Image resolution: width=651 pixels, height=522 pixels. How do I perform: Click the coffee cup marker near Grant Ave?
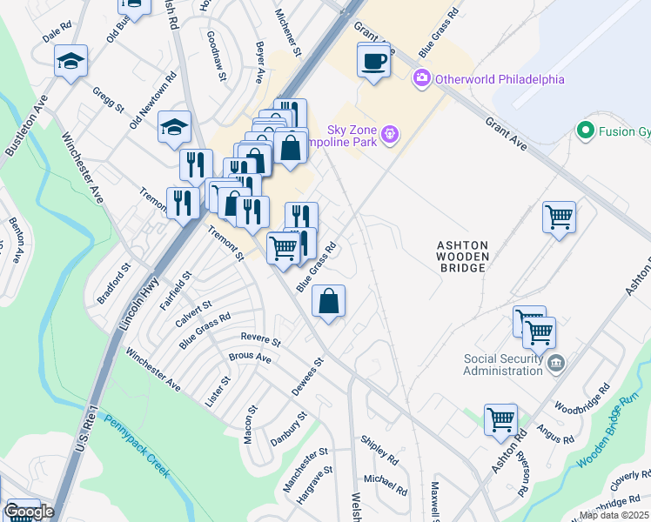[373, 61]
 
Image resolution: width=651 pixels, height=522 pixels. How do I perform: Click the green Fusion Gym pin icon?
[587, 131]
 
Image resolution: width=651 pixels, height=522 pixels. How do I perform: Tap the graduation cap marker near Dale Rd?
[70, 61]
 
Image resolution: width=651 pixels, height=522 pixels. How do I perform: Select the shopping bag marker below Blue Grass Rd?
[328, 302]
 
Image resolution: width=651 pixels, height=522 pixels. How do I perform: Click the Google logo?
[29, 512]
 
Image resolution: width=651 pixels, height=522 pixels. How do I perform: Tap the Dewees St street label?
[307, 377]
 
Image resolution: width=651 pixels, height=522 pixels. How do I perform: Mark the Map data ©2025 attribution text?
[614, 515]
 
